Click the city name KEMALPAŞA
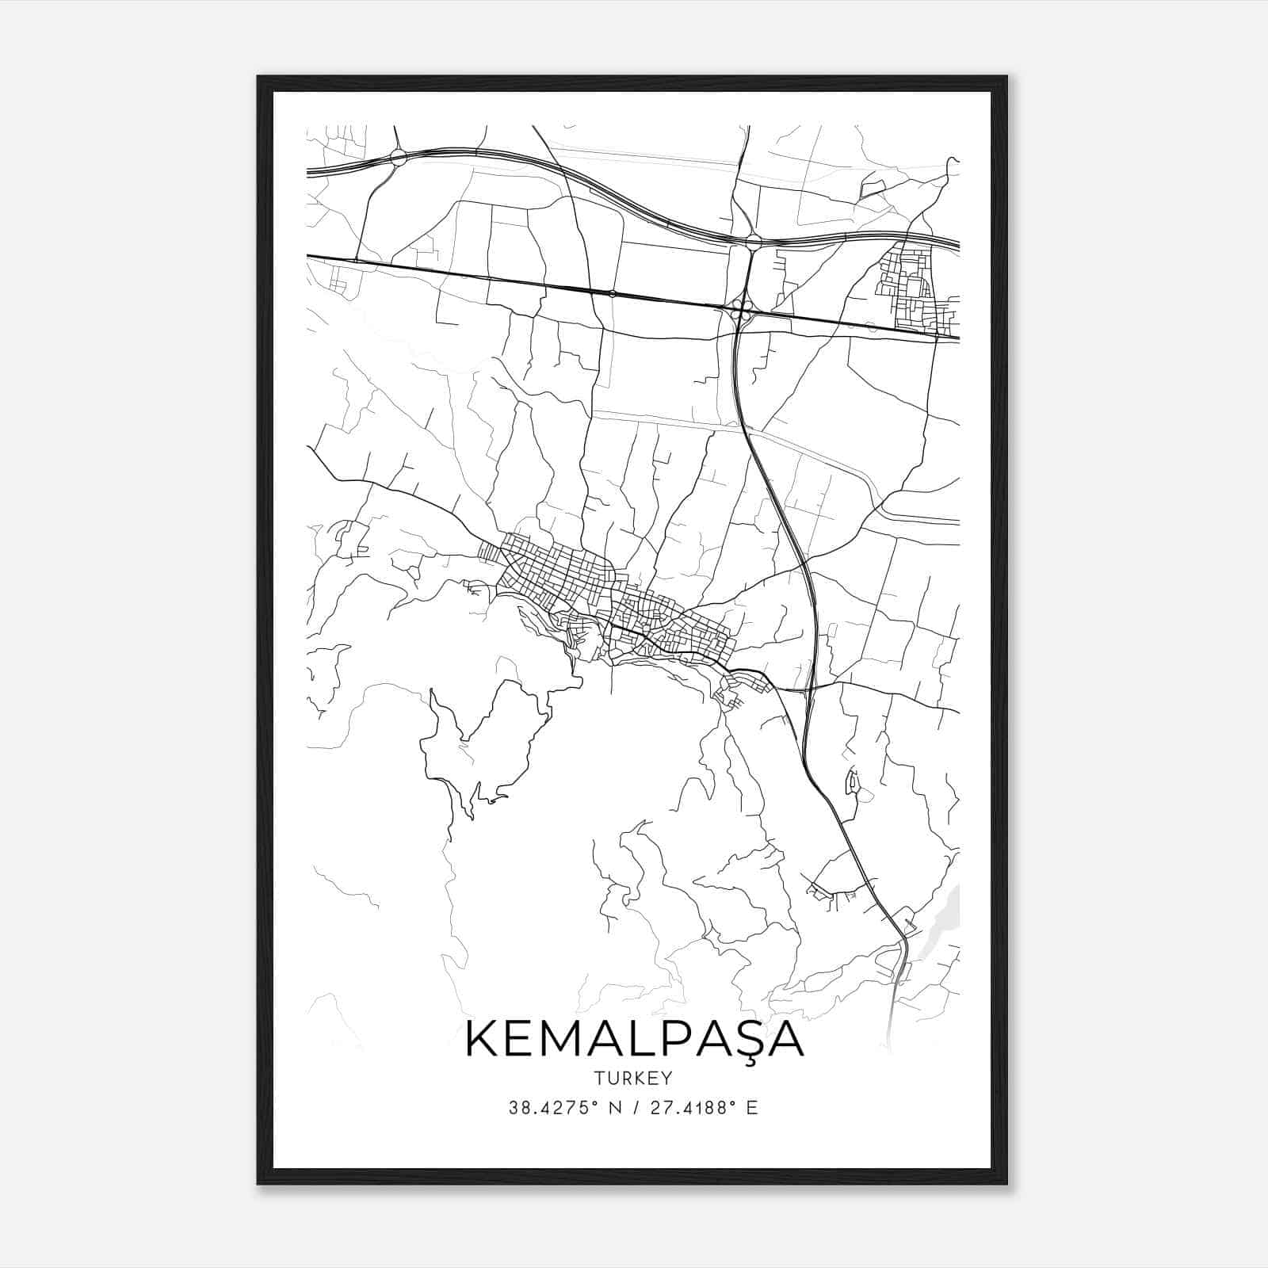[x=634, y=1041]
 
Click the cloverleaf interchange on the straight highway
[x=741, y=311]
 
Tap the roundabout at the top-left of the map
[x=398, y=157]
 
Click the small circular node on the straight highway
[x=612, y=293]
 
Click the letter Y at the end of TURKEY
[x=666, y=1078]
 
